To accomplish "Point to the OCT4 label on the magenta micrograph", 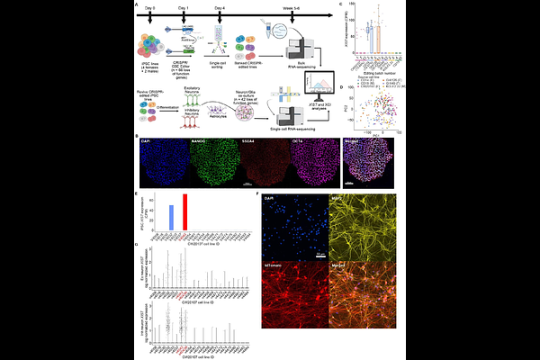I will pyautogui.click(x=300, y=142).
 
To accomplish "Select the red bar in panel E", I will pyautogui.click(x=184, y=212).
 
